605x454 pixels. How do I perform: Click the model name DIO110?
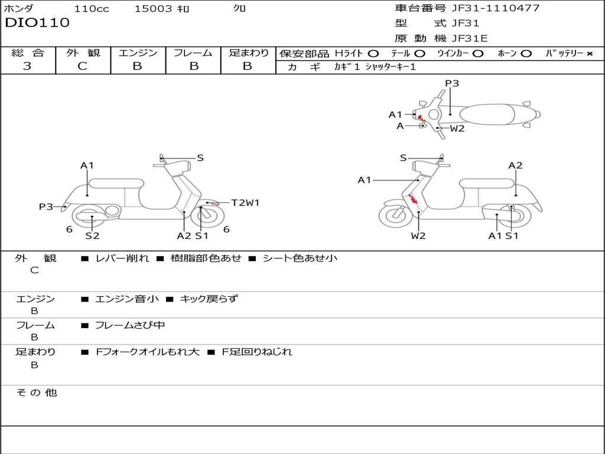point(37,23)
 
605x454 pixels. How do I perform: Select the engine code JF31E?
point(469,39)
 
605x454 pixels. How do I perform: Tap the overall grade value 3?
point(27,66)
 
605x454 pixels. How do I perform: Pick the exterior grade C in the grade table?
point(82,66)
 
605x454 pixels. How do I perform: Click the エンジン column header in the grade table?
point(138,53)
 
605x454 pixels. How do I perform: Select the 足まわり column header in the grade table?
point(248,53)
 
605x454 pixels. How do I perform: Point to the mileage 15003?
point(153,9)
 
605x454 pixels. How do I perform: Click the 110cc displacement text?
point(90,9)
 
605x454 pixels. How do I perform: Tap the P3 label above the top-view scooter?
point(452,83)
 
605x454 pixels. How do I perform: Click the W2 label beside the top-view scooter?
point(457,128)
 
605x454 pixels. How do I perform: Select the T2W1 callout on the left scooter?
point(245,203)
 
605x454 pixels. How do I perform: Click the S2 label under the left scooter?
point(92,235)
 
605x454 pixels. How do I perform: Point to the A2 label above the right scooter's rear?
point(515,166)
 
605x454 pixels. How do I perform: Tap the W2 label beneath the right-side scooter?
point(418,235)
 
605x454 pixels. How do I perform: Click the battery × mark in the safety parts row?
point(589,54)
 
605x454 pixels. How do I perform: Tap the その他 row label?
point(36,393)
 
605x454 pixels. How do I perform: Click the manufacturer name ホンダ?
point(19,9)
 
